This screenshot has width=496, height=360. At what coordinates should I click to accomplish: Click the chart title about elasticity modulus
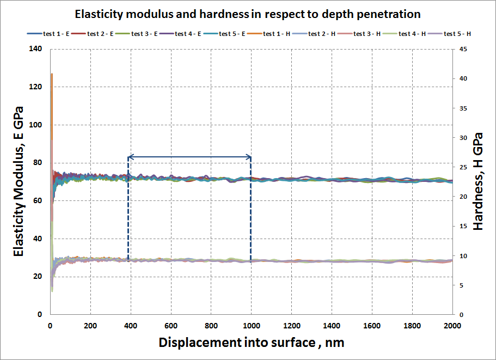[248, 13]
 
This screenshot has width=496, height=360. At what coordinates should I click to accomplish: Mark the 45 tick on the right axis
[462, 49]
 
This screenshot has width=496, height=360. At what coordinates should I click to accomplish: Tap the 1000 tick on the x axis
[251, 326]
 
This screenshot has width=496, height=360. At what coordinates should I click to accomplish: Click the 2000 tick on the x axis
[452, 326]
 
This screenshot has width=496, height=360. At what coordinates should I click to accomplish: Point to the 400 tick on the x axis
[131, 326]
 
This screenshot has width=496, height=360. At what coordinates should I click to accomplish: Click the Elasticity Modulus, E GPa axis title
[19, 182]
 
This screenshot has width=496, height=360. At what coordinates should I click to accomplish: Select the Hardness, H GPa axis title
[477, 181]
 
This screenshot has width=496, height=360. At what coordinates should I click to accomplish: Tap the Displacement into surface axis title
[251, 343]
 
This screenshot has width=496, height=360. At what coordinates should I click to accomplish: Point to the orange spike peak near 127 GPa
[52, 74]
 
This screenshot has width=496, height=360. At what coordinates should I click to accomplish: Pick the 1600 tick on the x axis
[372, 326]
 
